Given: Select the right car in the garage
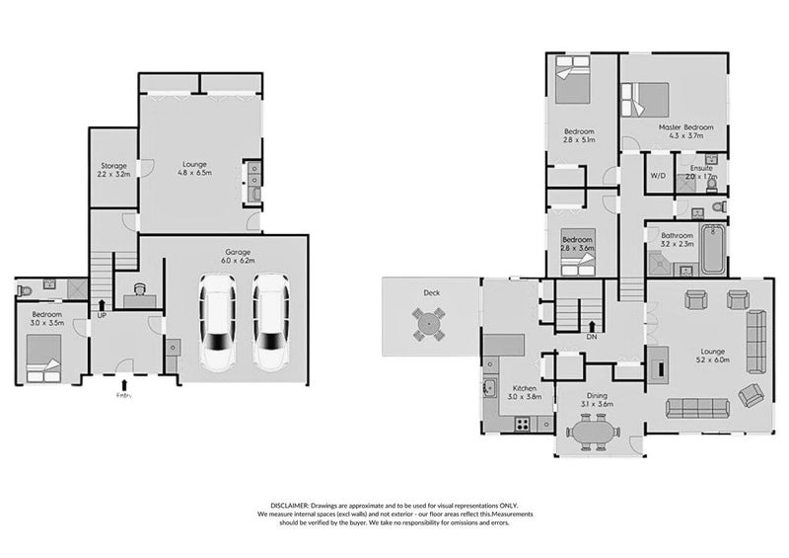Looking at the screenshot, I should [270, 319].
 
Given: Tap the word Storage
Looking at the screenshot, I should [110, 165].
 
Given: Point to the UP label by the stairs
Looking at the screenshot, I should [101, 315].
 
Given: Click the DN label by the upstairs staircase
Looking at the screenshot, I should [592, 336].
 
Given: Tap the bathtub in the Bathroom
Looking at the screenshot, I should [712, 249].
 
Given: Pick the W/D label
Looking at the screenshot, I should [657, 175].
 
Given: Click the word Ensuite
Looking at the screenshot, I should [701, 168].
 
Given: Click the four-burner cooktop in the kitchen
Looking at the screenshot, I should [522, 424].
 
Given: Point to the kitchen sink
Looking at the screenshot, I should [489, 388].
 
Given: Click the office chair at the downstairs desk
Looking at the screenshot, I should [139, 288].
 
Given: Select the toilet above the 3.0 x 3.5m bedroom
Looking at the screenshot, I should [24, 289].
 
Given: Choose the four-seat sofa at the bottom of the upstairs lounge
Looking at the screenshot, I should [697, 405].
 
